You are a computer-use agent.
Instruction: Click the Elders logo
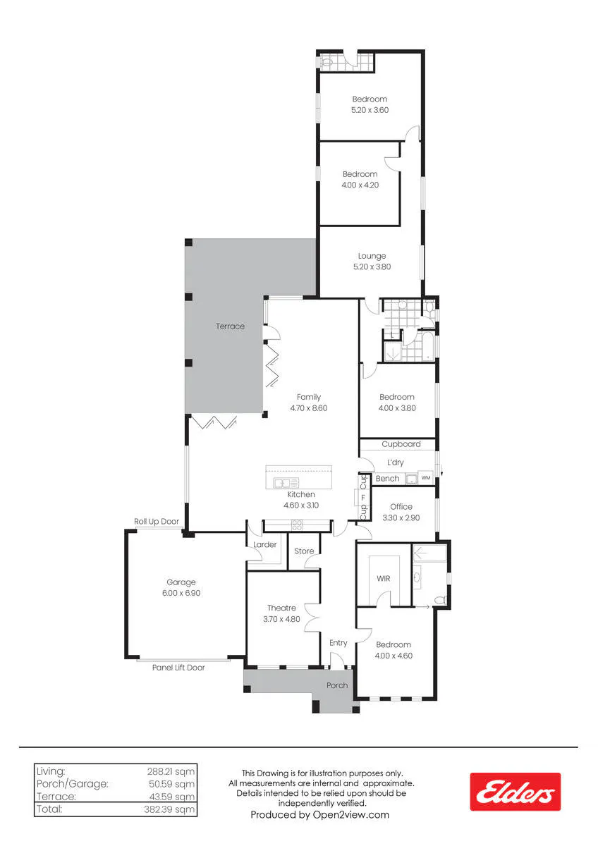click(x=515, y=792)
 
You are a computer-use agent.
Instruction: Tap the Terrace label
click(x=230, y=326)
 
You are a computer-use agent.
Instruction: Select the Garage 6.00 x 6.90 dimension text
click(x=181, y=593)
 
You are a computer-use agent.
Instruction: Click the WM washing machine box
click(x=426, y=478)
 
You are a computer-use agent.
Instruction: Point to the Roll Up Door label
click(x=157, y=522)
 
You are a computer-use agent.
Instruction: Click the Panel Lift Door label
click(x=178, y=668)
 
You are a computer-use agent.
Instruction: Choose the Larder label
click(x=265, y=544)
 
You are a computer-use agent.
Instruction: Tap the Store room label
click(x=304, y=551)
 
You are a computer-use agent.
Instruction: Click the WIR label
click(x=384, y=578)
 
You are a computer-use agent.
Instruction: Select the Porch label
click(x=337, y=685)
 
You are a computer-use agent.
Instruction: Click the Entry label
click(x=338, y=643)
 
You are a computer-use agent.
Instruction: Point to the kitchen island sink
click(x=286, y=483)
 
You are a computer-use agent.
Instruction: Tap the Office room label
click(x=401, y=506)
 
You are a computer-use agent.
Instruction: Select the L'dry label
click(x=396, y=462)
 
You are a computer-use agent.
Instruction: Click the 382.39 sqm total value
click(x=169, y=809)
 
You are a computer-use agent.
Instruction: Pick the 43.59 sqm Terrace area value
click(x=172, y=797)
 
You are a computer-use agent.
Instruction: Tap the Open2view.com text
click(x=351, y=815)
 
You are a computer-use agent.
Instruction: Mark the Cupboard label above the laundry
click(x=401, y=444)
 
